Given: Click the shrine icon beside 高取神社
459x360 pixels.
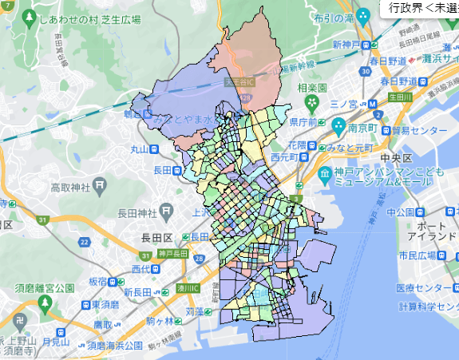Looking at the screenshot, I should coord(100,186).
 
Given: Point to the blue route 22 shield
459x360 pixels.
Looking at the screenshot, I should coord(85,241).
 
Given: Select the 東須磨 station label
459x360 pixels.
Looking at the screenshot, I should coord(105,304).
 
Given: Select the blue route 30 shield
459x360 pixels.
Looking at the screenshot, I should coord(365,71).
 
